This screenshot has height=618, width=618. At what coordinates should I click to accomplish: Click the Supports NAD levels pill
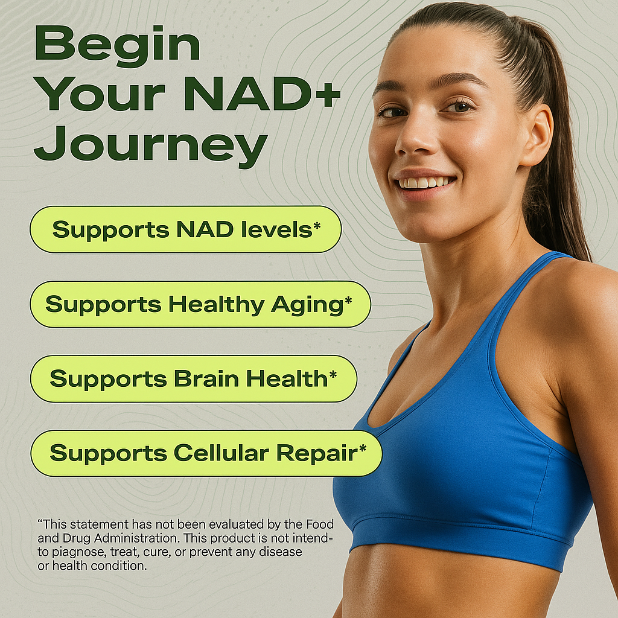[x=186, y=229]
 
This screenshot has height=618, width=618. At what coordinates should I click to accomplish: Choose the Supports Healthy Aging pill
[x=200, y=304]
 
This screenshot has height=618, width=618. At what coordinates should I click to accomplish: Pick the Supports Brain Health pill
[x=194, y=379]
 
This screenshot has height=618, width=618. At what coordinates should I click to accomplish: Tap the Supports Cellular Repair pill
[x=206, y=453]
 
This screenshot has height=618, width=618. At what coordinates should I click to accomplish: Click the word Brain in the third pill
[x=206, y=378]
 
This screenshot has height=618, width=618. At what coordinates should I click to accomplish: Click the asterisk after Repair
[x=363, y=448]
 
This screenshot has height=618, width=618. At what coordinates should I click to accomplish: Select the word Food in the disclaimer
[x=320, y=524]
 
